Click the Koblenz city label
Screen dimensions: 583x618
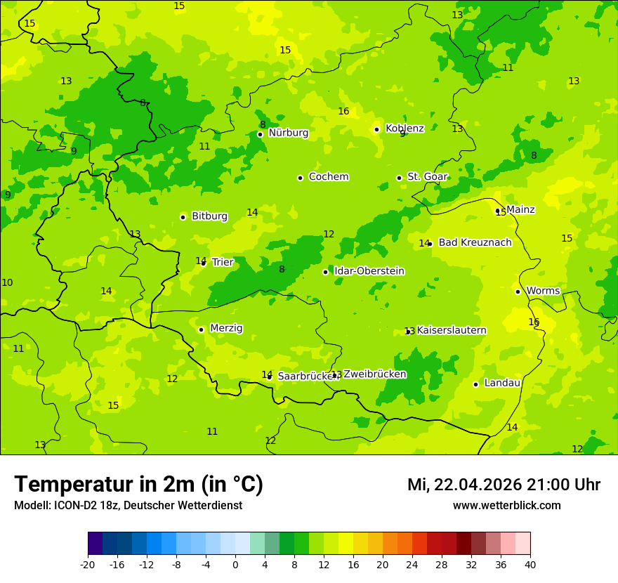tap(405, 129)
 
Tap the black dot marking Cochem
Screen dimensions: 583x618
tap(300, 178)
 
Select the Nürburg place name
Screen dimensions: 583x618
tap(288, 133)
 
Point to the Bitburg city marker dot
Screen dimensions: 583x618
tap(183, 217)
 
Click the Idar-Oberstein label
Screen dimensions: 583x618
tap(369, 271)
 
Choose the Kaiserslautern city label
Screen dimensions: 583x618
tap(452, 330)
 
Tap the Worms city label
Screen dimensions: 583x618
tap(543, 291)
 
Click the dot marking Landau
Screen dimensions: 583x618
tap(475, 384)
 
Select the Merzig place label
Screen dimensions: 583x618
tap(226, 328)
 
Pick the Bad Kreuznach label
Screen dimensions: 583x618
tap(475, 242)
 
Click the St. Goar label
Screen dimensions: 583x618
tap(427, 177)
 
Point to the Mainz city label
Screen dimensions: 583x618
tap(520, 209)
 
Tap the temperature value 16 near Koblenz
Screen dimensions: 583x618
tap(343, 112)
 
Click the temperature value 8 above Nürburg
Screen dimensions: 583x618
tap(263, 124)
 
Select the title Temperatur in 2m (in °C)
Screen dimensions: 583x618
tap(138, 484)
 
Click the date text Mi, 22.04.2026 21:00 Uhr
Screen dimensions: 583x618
tap(504, 485)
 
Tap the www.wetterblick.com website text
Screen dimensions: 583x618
tap(506, 506)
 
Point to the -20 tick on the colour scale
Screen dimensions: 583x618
tap(88, 564)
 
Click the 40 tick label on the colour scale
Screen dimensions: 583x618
tap(530, 564)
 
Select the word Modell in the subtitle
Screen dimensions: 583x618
tap(31, 506)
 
